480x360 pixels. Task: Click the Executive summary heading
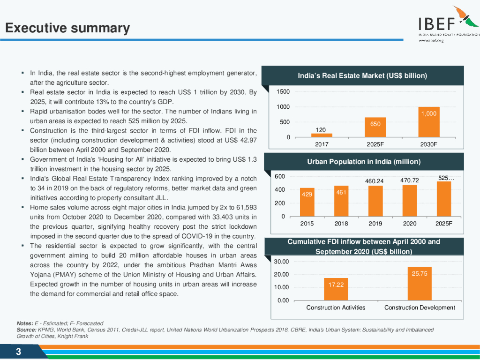click(x=67, y=29)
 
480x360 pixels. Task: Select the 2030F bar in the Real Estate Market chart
click(x=428, y=121)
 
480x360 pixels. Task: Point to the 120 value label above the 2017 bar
click(x=321, y=130)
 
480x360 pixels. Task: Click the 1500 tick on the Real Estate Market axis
click(x=283, y=91)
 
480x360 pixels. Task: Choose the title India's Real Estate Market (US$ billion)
click(x=362, y=75)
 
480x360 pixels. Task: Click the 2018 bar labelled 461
click(x=341, y=202)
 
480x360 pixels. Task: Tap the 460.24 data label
click(x=375, y=181)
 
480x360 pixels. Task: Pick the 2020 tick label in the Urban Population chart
click(x=410, y=224)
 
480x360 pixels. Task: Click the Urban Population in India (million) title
click(x=364, y=162)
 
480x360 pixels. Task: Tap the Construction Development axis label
click(x=420, y=307)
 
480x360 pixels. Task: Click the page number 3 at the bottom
click(x=18, y=352)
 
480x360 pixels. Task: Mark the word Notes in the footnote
click(x=24, y=323)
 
